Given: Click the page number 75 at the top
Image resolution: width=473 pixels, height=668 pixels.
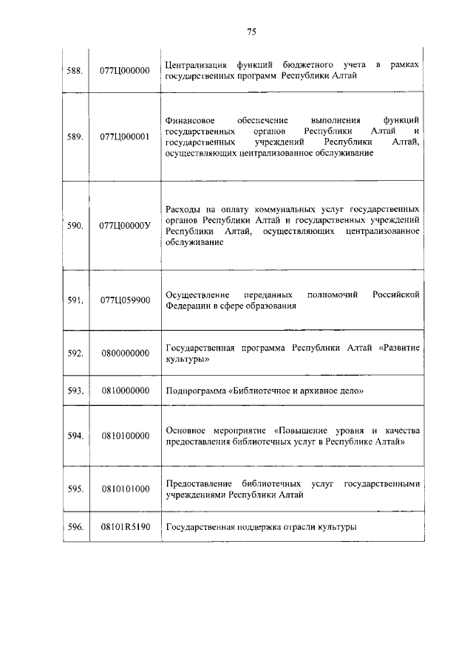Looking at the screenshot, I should point(251,32).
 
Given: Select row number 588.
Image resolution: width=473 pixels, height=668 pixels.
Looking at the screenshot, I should point(75,71).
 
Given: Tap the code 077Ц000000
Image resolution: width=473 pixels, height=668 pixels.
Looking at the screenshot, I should point(125,71).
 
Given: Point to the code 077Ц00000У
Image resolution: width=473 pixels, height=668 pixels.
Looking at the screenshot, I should point(125,225).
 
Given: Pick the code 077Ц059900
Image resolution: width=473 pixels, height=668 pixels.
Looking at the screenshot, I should point(125,300).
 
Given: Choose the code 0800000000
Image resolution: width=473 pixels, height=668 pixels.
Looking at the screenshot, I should point(125,353).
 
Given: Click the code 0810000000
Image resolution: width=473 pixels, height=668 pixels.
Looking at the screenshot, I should point(125,390).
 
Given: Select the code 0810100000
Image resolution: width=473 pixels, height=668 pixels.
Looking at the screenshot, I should point(125,435).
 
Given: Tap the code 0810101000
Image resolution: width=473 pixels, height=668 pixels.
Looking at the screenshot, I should point(125,489).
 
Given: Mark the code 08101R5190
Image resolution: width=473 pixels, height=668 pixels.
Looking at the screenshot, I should point(125,527).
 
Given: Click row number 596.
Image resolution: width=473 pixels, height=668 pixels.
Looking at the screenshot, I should point(75,527).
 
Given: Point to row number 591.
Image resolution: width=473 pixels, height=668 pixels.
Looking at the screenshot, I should point(75,300).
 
